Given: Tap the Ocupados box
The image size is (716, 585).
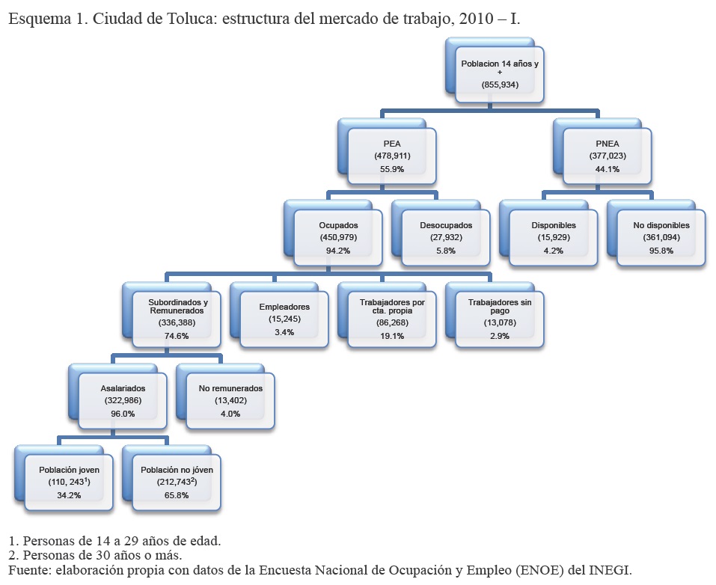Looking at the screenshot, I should click(x=338, y=237).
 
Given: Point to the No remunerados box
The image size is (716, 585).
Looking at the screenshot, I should click(x=230, y=401).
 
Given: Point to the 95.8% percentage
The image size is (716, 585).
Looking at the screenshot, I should click(x=661, y=251).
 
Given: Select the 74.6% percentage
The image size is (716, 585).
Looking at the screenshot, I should click(x=177, y=336).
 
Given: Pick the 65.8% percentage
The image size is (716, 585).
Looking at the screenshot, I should click(x=177, y=495).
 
